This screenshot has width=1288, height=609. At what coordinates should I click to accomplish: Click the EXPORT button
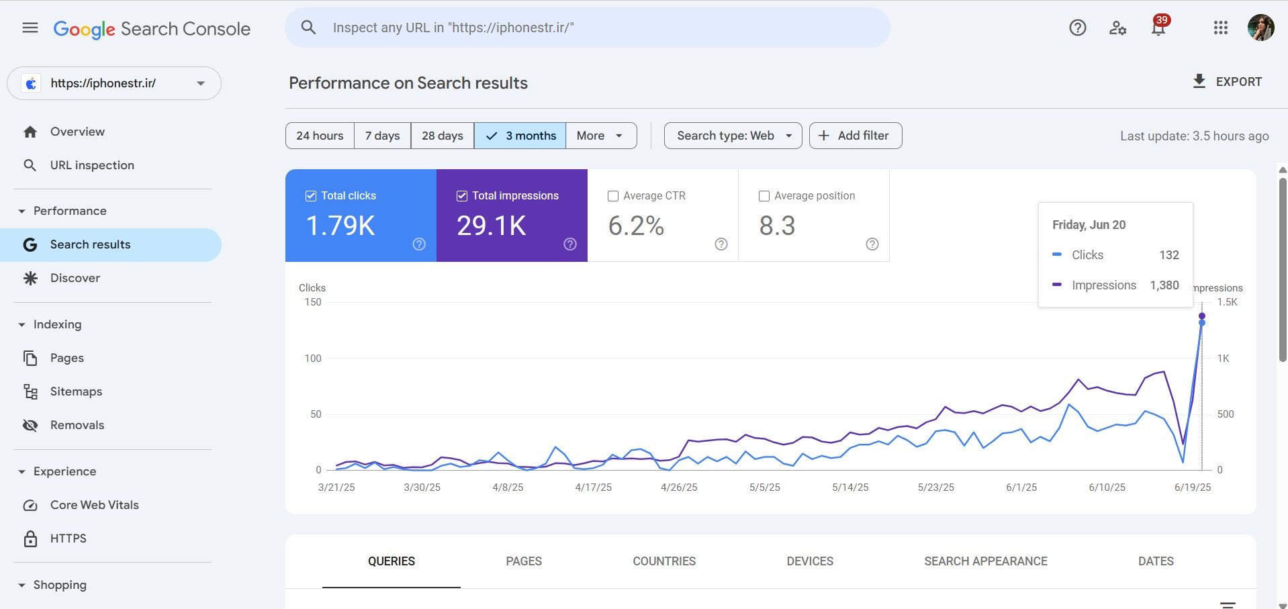[1227, 82]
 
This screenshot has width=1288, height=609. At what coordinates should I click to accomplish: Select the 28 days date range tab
[442, 136]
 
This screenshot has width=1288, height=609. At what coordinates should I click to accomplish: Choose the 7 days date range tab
[382, 136]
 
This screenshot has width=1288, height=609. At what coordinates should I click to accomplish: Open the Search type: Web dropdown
[733, 136]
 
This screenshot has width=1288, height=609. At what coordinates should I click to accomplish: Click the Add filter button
[855, 136]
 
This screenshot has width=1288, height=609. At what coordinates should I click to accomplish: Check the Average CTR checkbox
[613, 196]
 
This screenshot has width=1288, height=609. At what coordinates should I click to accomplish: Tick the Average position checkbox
[764, 196]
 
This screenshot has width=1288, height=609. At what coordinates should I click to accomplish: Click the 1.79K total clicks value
[340, 226]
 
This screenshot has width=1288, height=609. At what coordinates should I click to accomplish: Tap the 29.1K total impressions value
[492, 226]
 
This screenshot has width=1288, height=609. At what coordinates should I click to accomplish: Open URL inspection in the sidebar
[92, 165]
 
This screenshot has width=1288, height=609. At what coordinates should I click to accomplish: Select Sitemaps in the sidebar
[76, 391]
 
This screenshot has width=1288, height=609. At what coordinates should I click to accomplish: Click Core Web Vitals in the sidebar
[94, 505]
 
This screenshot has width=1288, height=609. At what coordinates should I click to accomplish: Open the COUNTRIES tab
[663, 561]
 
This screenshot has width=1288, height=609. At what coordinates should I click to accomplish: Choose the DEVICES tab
[810, 561]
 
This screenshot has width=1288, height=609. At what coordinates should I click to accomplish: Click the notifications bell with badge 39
[1158, 28]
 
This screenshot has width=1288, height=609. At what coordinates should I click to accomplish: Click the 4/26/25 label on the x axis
[679, 487]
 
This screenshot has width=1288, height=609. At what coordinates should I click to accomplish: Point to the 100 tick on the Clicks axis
[313, 359]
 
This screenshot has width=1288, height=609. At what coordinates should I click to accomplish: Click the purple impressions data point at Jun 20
[1202, 316]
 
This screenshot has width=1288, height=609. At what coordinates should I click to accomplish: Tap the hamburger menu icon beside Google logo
[30, 28]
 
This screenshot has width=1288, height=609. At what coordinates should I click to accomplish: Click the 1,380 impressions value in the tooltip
[1164, 285]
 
